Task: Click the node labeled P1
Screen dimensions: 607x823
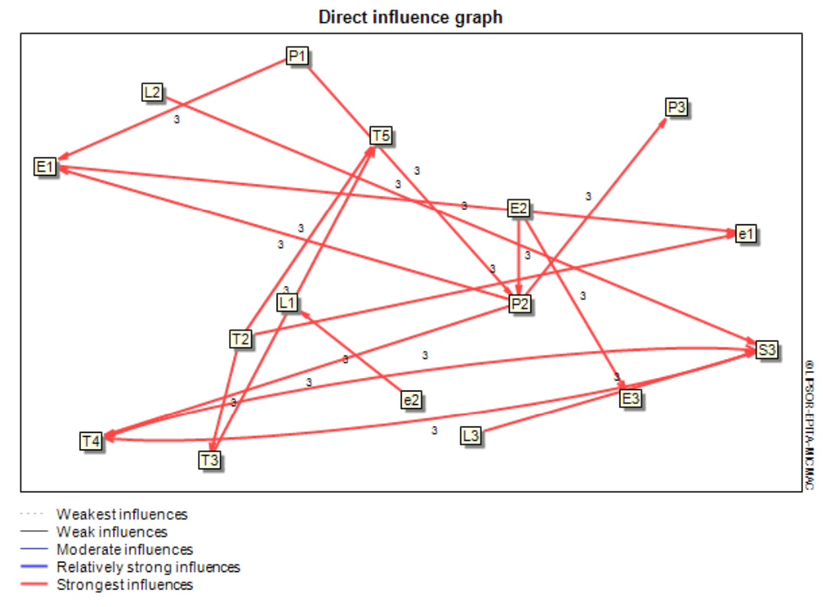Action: [x=297, y=56]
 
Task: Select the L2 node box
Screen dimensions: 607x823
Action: [x=152, y=92]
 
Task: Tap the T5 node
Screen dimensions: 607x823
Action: [x=381, y=136]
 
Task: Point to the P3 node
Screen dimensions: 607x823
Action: [x=677, y=107]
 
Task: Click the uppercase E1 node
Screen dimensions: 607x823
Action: [x=45, y=166]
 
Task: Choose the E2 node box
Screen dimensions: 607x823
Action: [x=518, y=208]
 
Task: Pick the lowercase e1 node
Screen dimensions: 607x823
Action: [x=746, y=234]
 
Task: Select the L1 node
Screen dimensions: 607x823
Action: [x=287, y=302]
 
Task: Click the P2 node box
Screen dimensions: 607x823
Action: [x=519, y=304]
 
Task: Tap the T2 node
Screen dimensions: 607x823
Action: [x=240, y=339]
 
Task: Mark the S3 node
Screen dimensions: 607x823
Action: [x=766, y=349]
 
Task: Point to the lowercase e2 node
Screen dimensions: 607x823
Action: [x=411, y=399]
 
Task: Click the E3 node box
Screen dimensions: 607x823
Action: [x=631, y=396]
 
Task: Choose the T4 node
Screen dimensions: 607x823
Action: [x=91, y=440]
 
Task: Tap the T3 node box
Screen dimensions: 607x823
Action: [x=210, y=459]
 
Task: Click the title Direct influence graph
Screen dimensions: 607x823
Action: [x=410, y=17]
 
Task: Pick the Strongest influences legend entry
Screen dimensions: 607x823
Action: [x=124, y=585]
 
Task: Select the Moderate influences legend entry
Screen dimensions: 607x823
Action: [x=124, y=549]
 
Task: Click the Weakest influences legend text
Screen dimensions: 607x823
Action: [x=122, y=514]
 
